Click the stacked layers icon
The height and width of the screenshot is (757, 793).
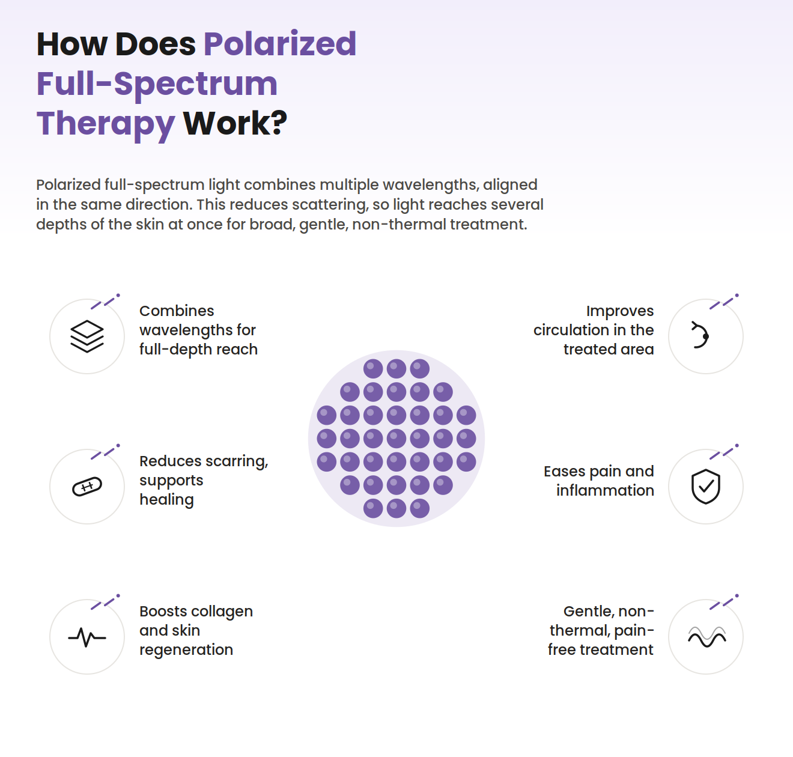pos(87,336)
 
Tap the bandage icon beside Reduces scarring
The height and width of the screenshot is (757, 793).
pos(87,487)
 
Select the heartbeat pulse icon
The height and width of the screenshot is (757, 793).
pos(87,637)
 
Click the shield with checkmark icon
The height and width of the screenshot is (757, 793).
pos(705,487)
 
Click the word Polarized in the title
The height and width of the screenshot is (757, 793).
pos(280,44)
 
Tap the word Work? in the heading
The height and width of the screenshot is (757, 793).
pos(235,123)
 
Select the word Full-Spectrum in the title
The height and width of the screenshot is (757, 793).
pos(157,84)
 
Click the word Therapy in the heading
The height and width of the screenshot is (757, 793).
pos(106,124)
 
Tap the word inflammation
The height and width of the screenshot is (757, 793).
pos(605,491)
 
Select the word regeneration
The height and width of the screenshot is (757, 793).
pos(186,651)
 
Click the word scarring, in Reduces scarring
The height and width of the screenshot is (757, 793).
pos(243,461)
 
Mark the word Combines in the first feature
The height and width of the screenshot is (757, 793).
pos(177,311)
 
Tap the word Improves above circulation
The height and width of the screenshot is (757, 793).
pos(620,312)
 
